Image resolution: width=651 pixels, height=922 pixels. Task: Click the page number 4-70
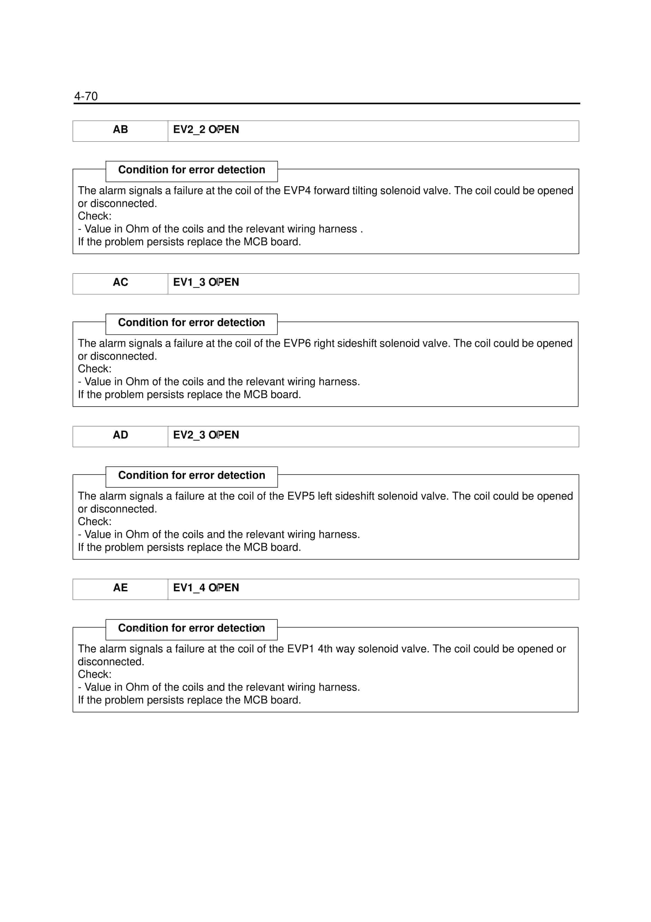tap(86, 96)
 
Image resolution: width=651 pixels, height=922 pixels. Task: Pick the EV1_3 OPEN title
tap(206, 282)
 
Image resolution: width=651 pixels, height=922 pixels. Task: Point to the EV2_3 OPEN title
tap(206, 435)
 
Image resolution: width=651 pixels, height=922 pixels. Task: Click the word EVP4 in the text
tap(297, 191)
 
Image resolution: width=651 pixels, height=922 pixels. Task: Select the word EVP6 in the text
tap(297, 343)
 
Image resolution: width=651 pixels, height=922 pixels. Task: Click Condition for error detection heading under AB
tap(191, 170)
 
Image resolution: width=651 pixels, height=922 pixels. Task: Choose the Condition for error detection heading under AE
tap(191, 628)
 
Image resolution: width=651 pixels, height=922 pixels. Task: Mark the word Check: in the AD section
tap(95, 522)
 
